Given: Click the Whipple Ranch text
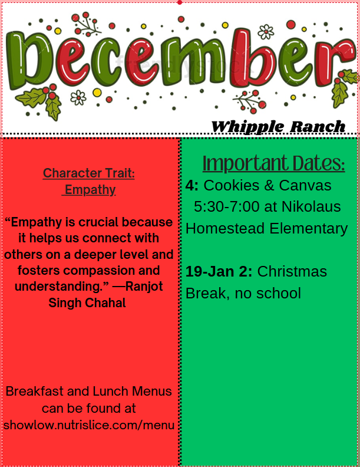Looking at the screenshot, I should click(x=278, y=126).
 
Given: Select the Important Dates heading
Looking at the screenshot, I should click(x=273, y=163).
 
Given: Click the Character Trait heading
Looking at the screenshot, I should click(x=89, y=173).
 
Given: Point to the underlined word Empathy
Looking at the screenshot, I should click(x=90, y=190).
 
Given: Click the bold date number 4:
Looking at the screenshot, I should click(x=192, y=186).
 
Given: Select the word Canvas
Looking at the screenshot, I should click(x=305, y=186).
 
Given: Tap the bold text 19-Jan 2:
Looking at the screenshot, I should click(x=219, y=272).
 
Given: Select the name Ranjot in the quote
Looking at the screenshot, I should click(x=141, y=287).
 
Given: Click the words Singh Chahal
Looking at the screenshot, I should click(x=87, y=302).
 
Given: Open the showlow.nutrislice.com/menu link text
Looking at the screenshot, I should click(x=89, y=425).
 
